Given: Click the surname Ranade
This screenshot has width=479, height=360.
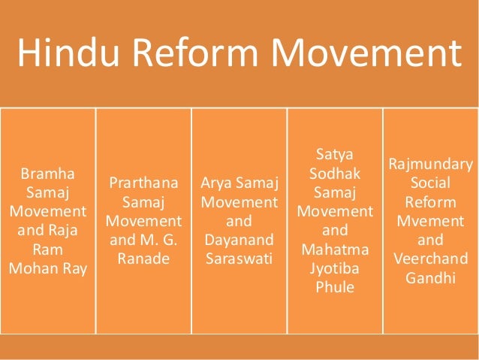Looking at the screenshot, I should [x=143, y=259].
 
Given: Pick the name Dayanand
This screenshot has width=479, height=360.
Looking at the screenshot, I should [x=239, y=241].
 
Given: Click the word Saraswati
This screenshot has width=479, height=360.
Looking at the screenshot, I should [x=239, y=259].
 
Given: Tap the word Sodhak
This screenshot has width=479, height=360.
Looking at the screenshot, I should [x=335, y=174].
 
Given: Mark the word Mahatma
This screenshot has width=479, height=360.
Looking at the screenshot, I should [x=335, y=250].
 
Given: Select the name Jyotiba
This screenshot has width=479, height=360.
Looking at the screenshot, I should [x=335, y=268].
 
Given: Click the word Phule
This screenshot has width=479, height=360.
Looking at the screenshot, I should [x=335, y=287].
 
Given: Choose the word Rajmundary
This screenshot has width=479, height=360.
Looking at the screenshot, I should [x=431, y=165].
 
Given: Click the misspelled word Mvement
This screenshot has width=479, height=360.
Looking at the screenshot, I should [x=431, y=222].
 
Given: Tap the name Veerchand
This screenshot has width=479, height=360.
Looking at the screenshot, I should [x=431, y=259].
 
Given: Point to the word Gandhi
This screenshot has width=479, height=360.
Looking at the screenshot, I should [x=431, y=278].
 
